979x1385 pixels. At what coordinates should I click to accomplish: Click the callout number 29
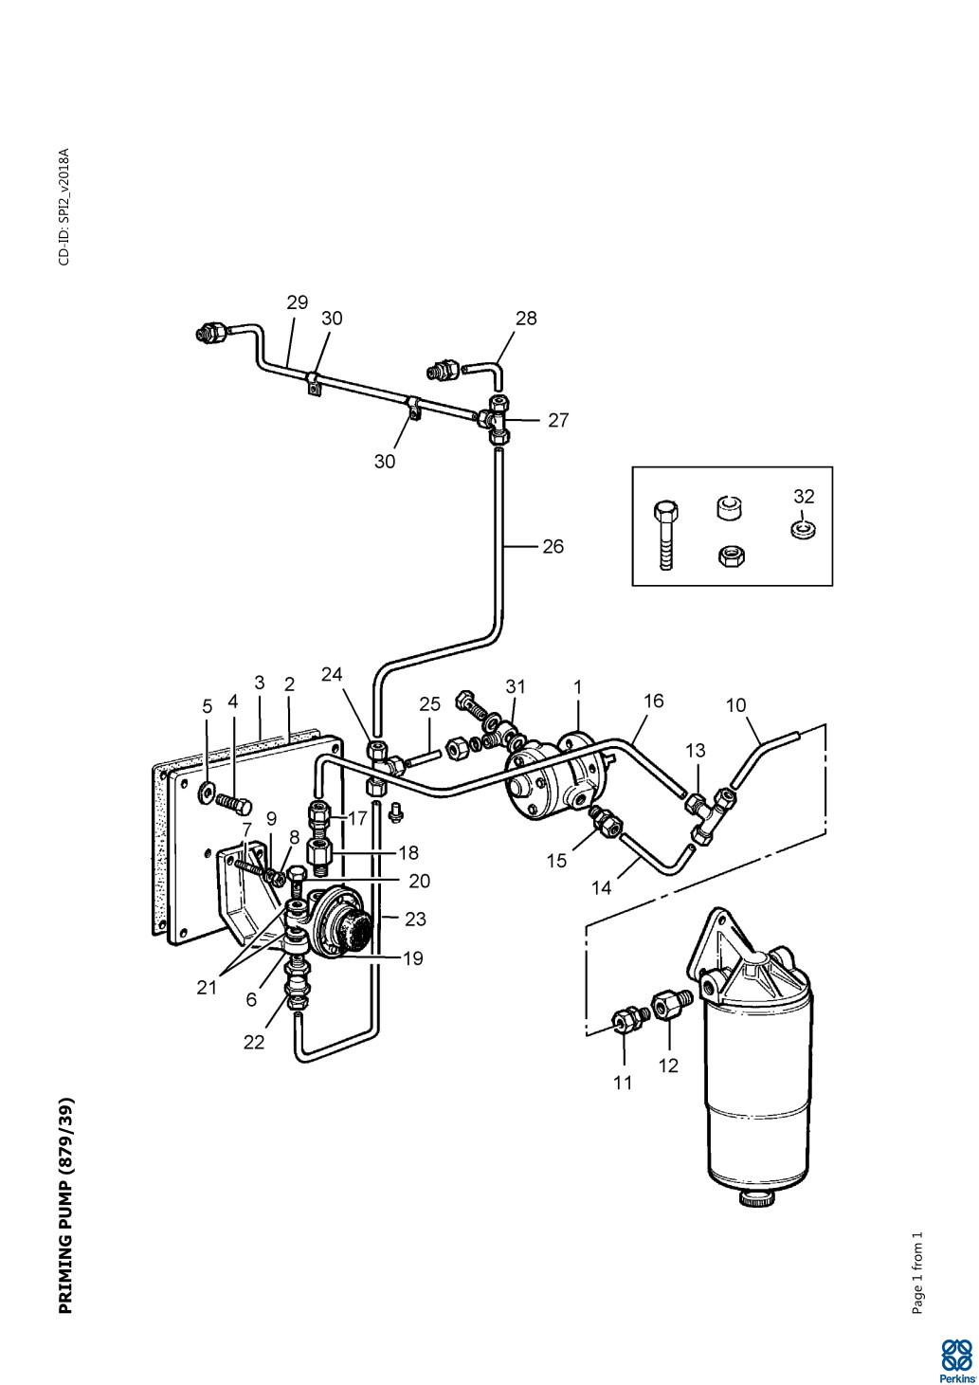coord(298,302)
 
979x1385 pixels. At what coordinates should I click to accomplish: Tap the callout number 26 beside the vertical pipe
coord(553,546)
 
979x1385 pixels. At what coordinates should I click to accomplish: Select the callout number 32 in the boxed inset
coord(804,496)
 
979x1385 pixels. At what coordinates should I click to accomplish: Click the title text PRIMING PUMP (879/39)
coord(66,1205)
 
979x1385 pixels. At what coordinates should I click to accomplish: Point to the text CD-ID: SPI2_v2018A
coord(64,208)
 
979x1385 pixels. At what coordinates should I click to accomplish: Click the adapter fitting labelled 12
coord(666,1003)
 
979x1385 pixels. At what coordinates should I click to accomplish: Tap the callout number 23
coord(415,919)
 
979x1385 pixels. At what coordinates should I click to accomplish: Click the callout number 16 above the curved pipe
coord(653,701)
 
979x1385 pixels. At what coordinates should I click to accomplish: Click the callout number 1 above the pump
coord(577,686)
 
